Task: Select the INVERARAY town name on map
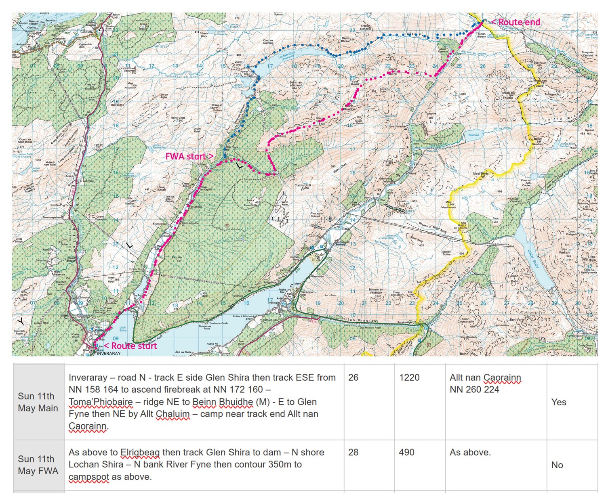(x=109, y=353)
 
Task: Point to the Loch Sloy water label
(x=533, y=259)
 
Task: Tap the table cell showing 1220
(x=409, y=377)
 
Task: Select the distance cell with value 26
(x=353, y=377)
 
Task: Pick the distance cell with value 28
(x=353, y=452)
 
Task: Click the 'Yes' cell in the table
(x=559, y=402)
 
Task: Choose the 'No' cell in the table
(x=557, y=465)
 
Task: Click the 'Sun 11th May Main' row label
(x=38, y=402)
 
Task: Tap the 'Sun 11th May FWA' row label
(x=38, y=465)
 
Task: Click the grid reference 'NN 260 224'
(x=474, y=390)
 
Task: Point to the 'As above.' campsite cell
(x=470, y=452)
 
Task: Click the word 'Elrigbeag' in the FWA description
(x=140, y=452)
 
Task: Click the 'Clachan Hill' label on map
(x=302, y=186)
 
